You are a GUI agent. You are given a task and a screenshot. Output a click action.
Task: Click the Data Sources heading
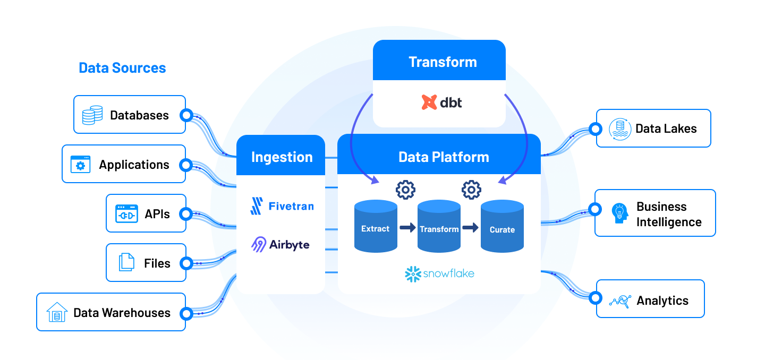122,68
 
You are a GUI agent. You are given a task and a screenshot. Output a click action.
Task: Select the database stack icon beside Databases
92,115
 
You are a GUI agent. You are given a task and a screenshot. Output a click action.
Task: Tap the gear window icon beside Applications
80,165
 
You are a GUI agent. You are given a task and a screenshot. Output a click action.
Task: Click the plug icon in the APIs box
126,214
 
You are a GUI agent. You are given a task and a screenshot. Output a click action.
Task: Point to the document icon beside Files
126,263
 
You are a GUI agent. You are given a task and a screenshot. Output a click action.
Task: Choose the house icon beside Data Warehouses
57,312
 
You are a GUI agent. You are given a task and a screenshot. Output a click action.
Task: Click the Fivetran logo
282,206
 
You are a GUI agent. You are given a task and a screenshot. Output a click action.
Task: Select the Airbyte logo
280,245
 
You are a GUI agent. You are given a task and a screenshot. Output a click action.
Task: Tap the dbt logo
441,102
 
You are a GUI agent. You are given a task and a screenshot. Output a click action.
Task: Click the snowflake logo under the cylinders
439,274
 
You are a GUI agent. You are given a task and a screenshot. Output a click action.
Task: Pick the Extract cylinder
376,226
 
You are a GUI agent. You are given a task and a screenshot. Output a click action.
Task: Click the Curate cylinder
502,227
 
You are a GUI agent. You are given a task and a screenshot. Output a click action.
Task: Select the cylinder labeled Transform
439,227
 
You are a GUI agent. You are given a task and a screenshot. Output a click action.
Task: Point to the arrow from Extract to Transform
407,228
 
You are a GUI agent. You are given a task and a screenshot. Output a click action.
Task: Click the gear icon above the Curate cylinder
471,190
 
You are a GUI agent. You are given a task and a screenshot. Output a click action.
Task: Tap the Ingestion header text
282,157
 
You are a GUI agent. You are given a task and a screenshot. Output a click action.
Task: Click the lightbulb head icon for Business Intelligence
619,213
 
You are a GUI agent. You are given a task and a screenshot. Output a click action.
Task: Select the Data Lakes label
666,128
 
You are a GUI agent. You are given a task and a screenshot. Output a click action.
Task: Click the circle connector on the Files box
186,263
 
